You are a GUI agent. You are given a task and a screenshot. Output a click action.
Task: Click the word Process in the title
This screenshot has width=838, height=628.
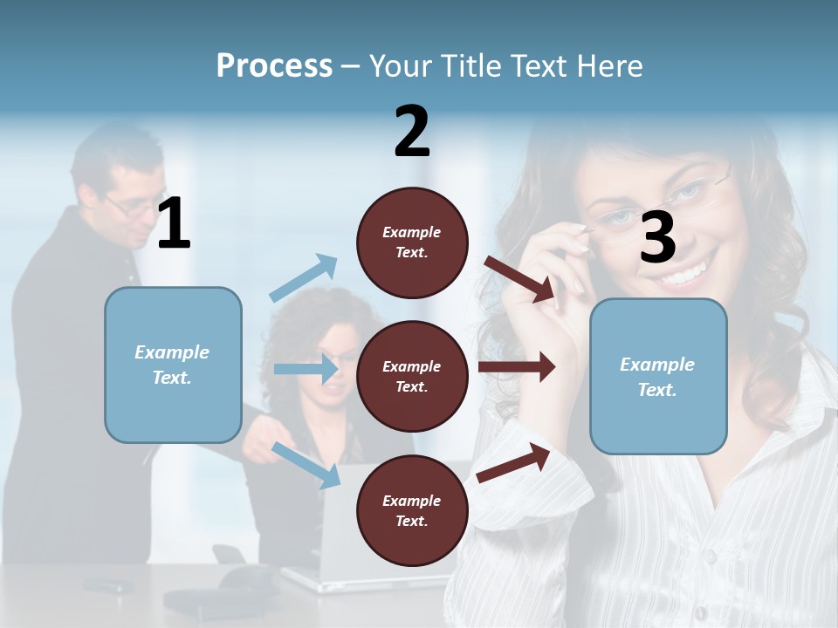coord(274,66)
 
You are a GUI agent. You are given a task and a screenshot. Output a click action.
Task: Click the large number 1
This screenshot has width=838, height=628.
coord(174,224)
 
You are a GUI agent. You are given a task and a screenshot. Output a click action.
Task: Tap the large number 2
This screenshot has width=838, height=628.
coord(412,132)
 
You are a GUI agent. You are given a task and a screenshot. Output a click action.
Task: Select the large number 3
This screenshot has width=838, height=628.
coord(657,238)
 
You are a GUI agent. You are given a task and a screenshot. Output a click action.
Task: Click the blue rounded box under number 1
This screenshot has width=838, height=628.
coord(173,365)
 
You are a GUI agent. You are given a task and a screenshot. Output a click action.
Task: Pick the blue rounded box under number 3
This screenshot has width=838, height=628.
coord(658,377)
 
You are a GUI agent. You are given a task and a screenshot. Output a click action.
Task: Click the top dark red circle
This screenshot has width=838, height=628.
coord(412,242)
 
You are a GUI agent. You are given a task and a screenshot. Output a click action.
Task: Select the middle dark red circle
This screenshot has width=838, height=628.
coord(412,376)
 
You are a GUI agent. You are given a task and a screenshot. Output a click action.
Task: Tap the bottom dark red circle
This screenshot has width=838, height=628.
coord(412,510)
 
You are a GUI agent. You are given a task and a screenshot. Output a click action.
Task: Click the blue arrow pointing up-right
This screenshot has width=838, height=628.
coord(304,278)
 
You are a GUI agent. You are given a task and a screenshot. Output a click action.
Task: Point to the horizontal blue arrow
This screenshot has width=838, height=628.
coord(306,369)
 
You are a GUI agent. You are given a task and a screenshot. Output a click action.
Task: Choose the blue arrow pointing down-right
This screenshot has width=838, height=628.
coord(306,464)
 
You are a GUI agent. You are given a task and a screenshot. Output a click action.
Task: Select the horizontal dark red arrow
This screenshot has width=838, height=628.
coord(517,366)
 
